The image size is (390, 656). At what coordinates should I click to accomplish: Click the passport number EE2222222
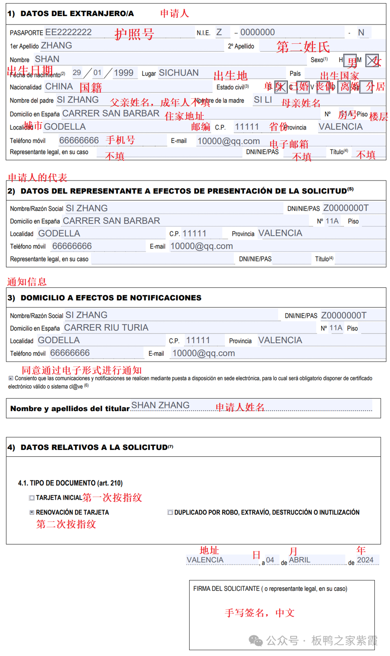pyautogui.click(x=68, y=32)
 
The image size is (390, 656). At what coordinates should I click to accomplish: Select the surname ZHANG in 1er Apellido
pyautogui.click(x=56, y=46)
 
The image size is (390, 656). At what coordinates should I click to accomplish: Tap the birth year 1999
pyautogui.click(x=123, y=73)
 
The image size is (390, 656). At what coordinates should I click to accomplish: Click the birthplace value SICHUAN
pyautogui.click(x=179, y=73)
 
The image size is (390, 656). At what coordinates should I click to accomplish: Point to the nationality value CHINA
pyautogui.click(x=59, y=87)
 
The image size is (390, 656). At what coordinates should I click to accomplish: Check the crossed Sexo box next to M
pyautogui.click(x=372, y=60)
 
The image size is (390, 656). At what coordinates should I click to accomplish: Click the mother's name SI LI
pyautogui.click(x=263, y=100)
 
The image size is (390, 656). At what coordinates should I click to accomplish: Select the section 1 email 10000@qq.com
pyautogui.click(x=229, y=141)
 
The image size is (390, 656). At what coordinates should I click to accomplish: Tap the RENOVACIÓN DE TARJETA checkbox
pyautogui.click(x=32, y=513)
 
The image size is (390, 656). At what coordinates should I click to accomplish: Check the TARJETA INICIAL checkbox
pyautogui.click(x=32, y=498)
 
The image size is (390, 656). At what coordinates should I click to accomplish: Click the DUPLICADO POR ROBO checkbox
pyautogui.click(x=170, y=513)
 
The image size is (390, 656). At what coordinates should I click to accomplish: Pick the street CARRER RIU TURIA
pyautogui.click(x=106, y=328)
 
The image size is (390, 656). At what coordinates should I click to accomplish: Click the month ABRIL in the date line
pyautogui.click(x=300, y=560)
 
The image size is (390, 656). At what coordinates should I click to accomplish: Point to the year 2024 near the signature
pyautogui.click(x=365, y=560)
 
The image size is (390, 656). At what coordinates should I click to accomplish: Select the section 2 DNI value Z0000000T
pyautogui.click(x=346, y=208)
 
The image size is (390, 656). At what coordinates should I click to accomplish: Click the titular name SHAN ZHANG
pyautogui.click(x=161, y=405)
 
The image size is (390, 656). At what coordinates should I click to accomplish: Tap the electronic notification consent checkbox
pyautogui.click(x=11, y=378)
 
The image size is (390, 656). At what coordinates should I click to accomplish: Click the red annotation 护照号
pyautogui.click(x=134, y=34)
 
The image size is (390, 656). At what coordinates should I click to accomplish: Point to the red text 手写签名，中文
pyautogui.click(x=259, y=613)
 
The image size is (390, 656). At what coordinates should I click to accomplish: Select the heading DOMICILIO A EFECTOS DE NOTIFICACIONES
pyautogui.click(x=111, y=298)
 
